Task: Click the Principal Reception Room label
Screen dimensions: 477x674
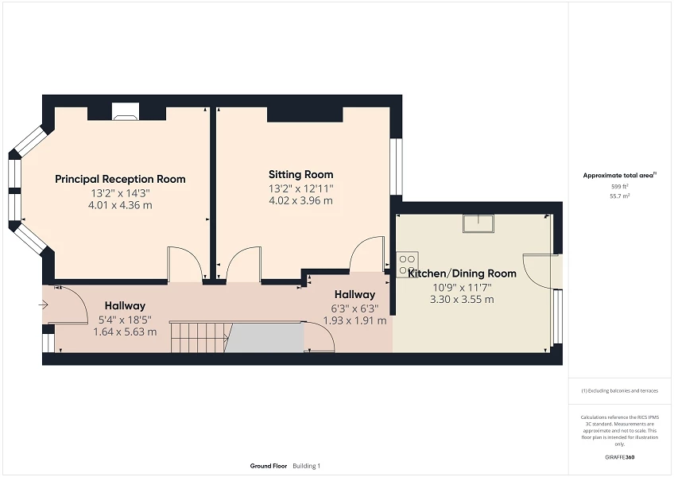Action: click(120, 179)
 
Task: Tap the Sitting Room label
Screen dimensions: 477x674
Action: click(300, 174)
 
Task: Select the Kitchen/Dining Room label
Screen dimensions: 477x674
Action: click(462, 273)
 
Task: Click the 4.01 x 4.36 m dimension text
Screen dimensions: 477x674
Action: click(120, 205)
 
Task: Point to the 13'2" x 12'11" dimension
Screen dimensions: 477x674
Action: click(300, 188)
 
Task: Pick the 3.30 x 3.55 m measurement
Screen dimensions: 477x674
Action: click(462, 300)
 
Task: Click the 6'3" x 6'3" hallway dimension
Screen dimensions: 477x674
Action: click(354, 308)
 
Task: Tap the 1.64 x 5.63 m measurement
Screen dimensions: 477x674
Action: click(125, 332)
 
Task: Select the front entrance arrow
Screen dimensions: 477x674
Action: click(42, 304)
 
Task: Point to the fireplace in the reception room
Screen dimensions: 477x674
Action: click(126, 113)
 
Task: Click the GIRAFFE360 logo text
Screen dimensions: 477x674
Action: click(618, 457)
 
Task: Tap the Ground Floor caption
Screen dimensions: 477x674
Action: click(268, 466)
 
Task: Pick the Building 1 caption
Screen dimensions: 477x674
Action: click(306, 466)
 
